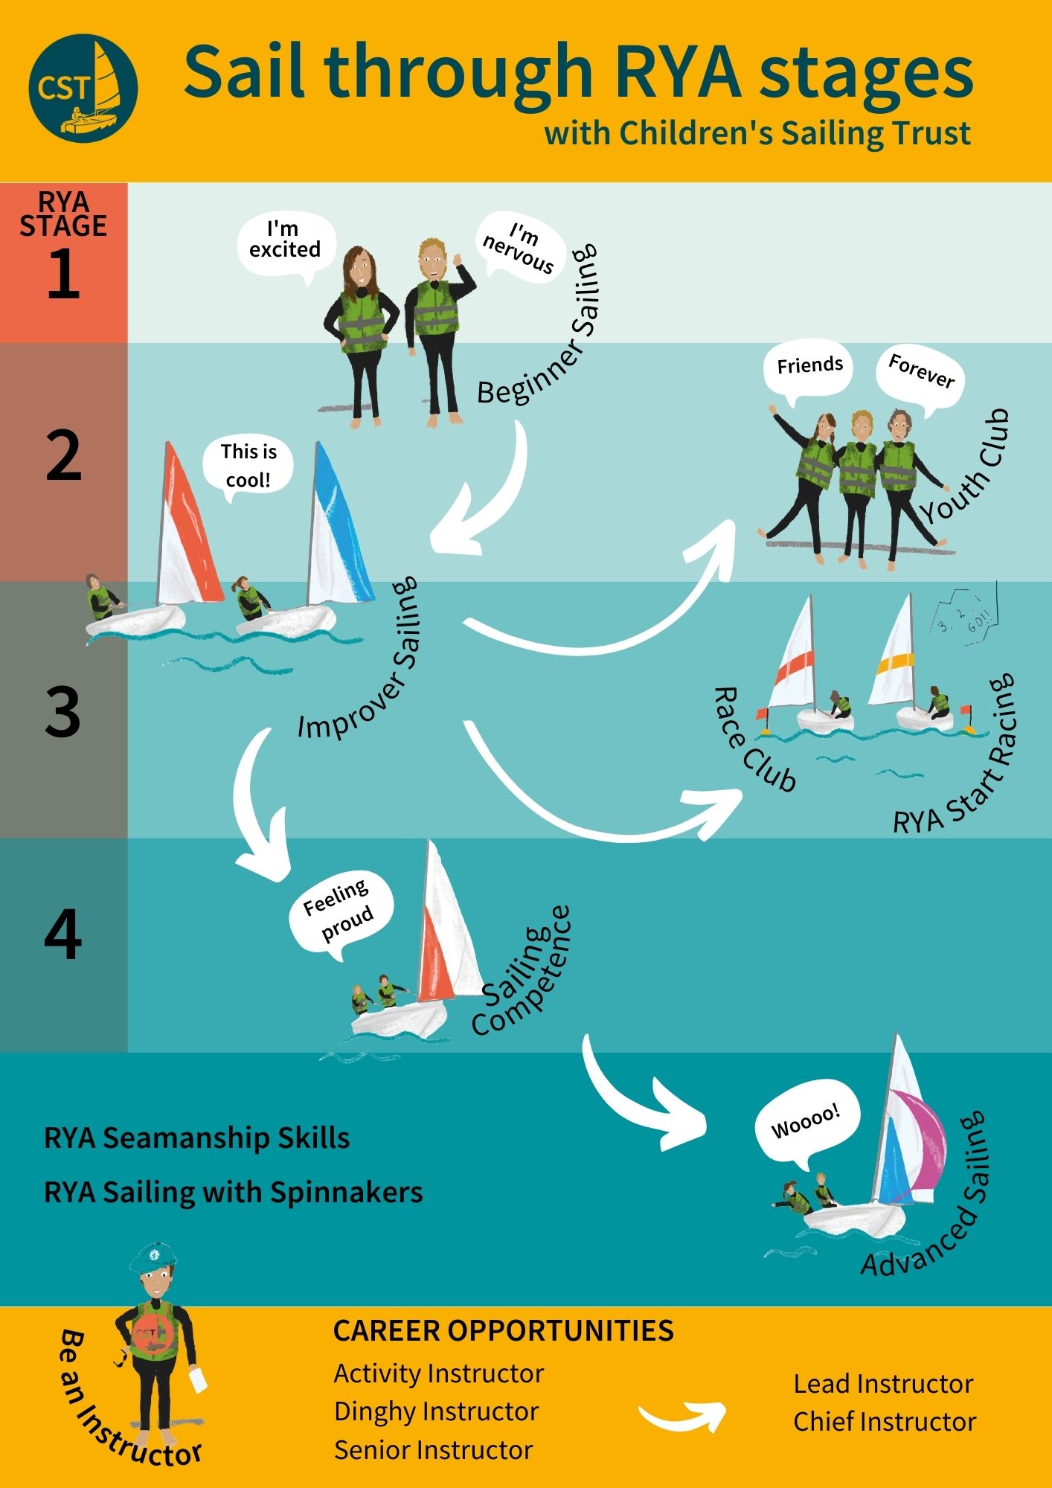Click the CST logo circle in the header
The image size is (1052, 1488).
click(83, 88)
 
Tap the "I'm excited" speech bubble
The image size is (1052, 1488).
click(286, 241)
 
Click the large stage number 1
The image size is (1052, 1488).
click(63, 274)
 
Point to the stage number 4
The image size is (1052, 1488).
click(63, 934)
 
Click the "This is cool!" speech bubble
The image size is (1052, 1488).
click(248, 466)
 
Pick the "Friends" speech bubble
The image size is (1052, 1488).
click(809, 366)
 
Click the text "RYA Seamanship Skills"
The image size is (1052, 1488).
click(197, 1138)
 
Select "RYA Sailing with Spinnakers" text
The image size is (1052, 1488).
click(234, 1192)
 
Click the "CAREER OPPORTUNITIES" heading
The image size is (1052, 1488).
click(504, 1331)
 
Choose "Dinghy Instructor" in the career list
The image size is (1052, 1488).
click(437, 1411)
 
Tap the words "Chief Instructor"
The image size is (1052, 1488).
click(885, 1422)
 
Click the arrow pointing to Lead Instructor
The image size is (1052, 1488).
click(683, 1416)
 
